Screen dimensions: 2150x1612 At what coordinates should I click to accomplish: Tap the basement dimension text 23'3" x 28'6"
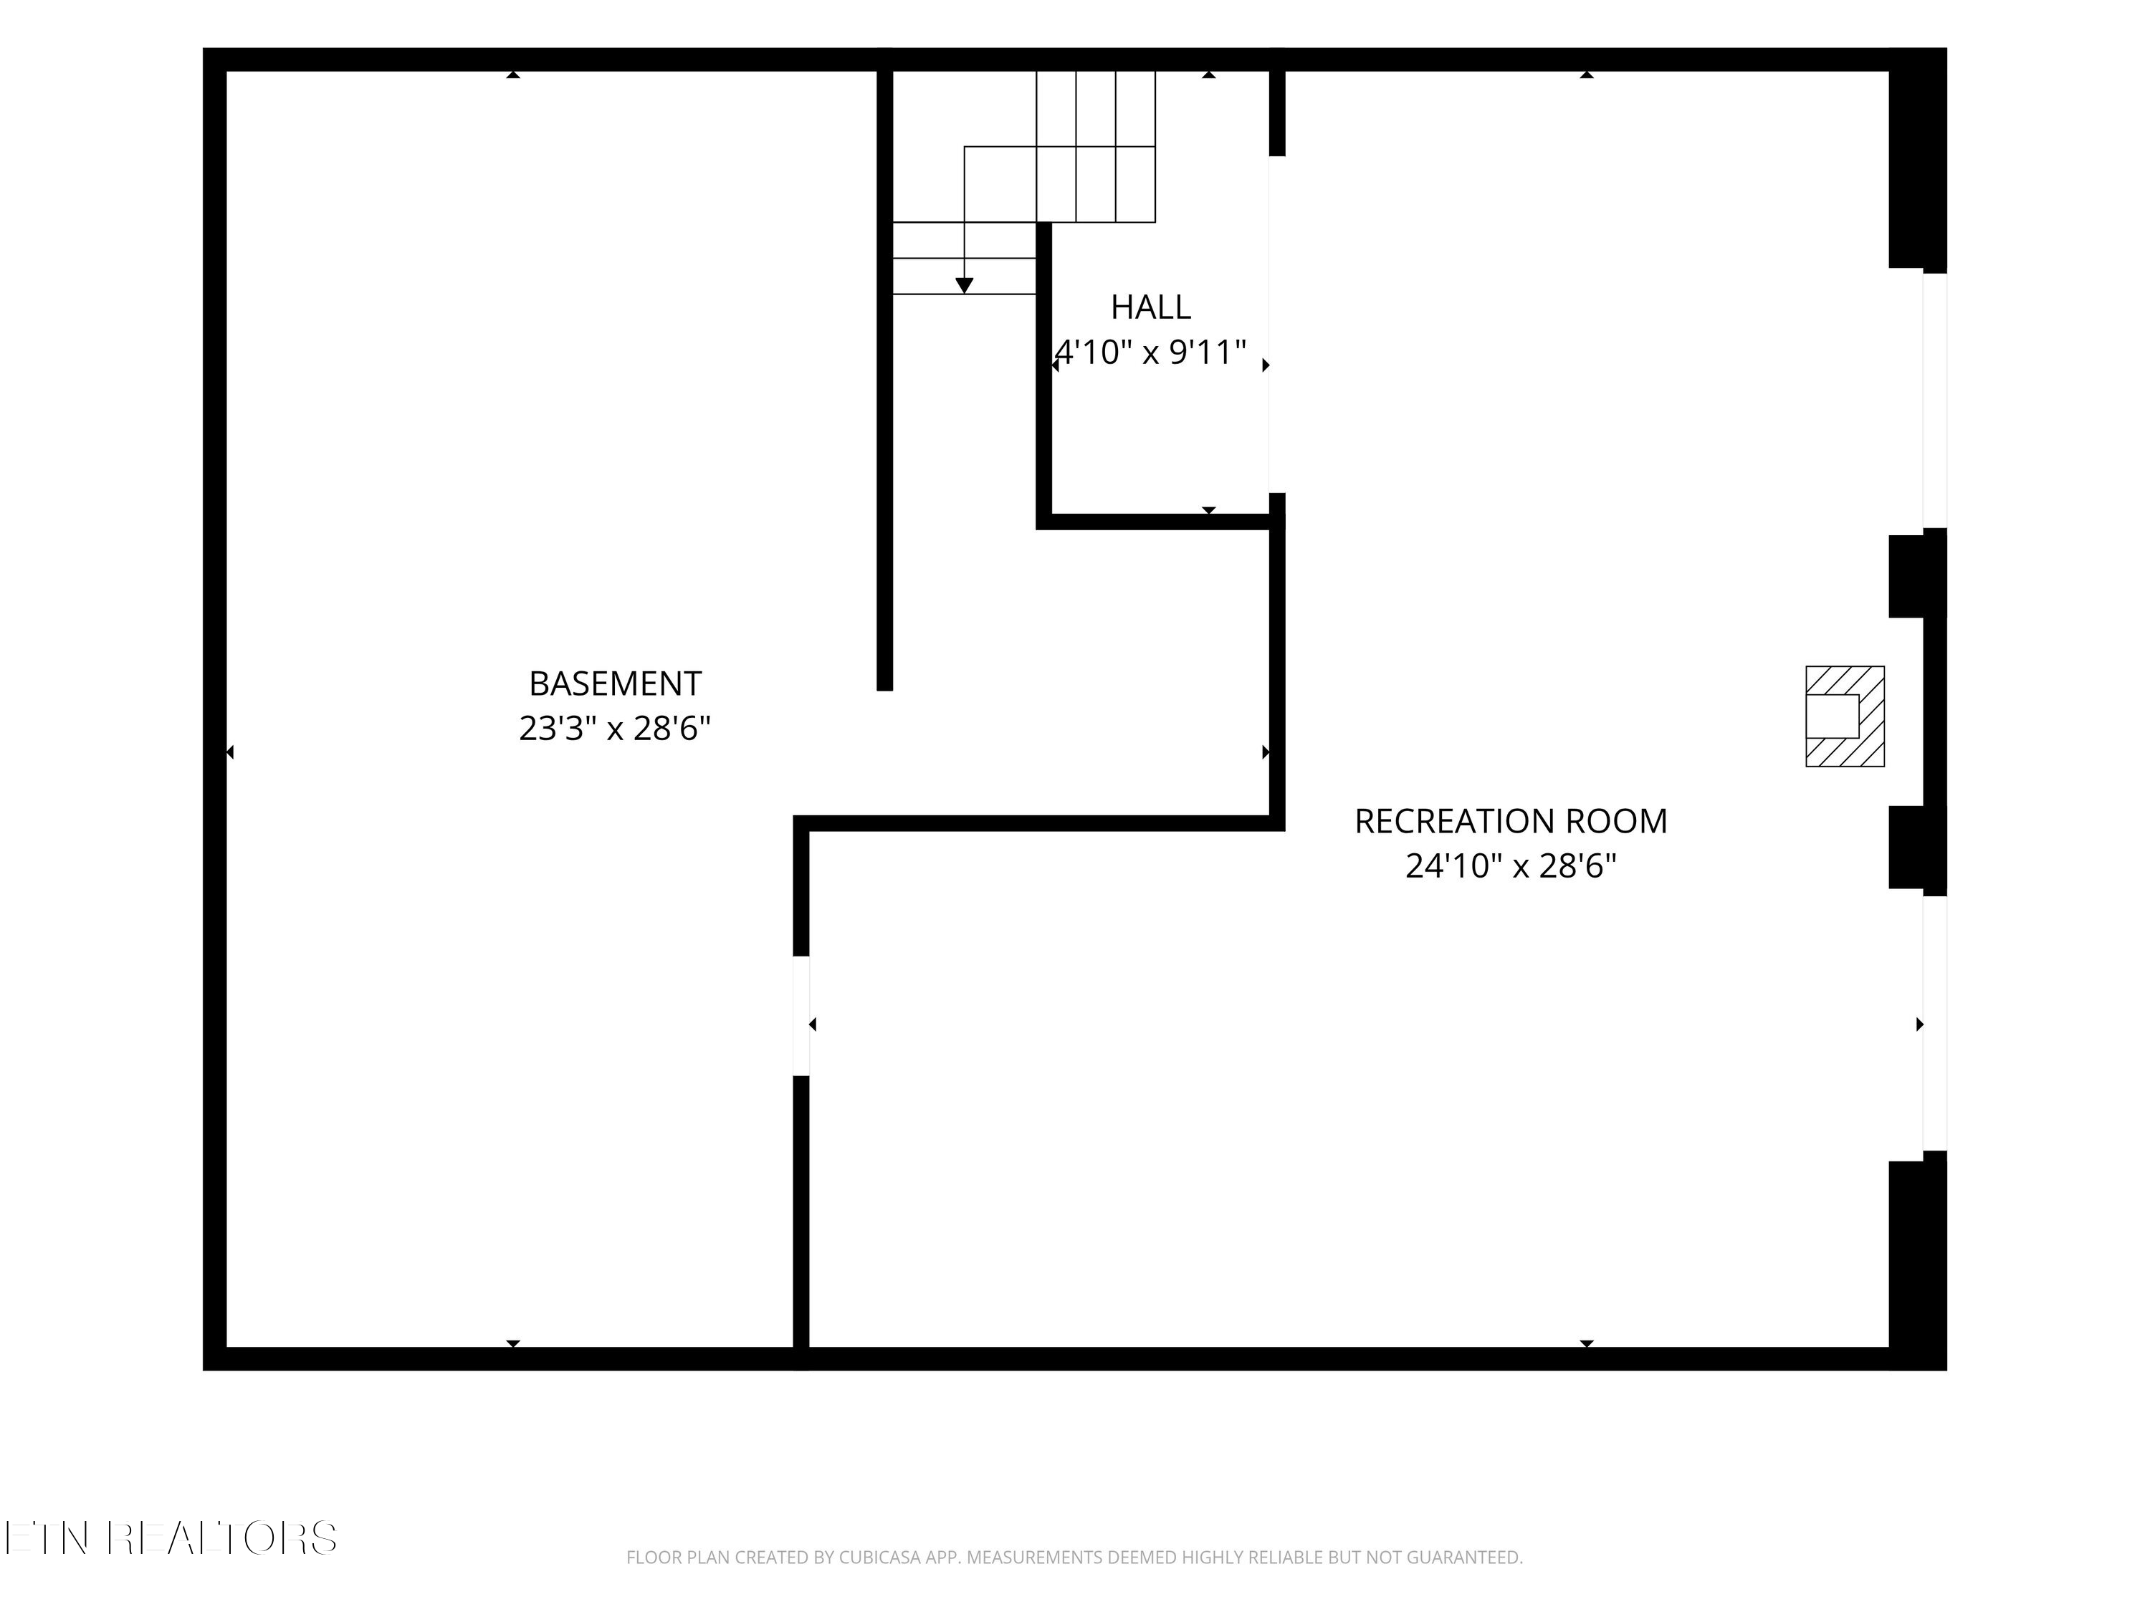tap(614, 728)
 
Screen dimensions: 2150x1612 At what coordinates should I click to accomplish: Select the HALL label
tap(1151, 307)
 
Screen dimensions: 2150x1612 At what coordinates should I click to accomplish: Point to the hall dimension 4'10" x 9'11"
tap(1151, 352)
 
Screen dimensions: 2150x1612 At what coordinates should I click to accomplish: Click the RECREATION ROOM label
tap(1511, 821)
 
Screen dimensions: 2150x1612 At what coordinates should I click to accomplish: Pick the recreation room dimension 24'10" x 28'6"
tap(1511, 865)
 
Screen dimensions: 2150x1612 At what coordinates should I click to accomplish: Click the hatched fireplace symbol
tap(1845, 716)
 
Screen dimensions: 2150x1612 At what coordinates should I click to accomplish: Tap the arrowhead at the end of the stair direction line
tap(964, 286)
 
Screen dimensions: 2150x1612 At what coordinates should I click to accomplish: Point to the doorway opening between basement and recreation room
tap(801, 1015)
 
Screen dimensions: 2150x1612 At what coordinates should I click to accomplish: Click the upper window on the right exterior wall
tap(1935, 400)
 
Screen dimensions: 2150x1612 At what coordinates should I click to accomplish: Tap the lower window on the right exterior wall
tap(1935, 1023)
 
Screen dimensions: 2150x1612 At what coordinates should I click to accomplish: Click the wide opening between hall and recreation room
tap(1276, 325)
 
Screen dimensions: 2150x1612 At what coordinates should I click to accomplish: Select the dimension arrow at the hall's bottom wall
tap(1208, 510)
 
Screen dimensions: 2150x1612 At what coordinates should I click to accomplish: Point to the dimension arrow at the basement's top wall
tap(513, 75)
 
